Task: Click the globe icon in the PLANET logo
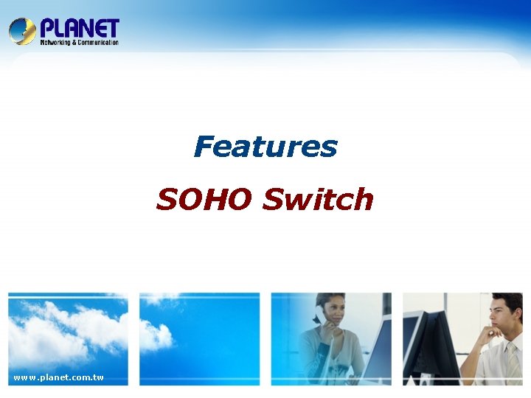pyautogui.click(x=22, y=31)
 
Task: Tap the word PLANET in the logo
pyautogui.click(x=79, y=28)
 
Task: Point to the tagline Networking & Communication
pyautogui.click(x=79, y=43)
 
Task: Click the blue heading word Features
pyautogui.click(x=265, y=147)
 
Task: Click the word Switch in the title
pyautogui.click(x=318, y=199)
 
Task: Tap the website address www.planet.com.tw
pyautogui.click(x=59, y=378)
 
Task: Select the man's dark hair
pyautogui.click(x=509, y=302)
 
